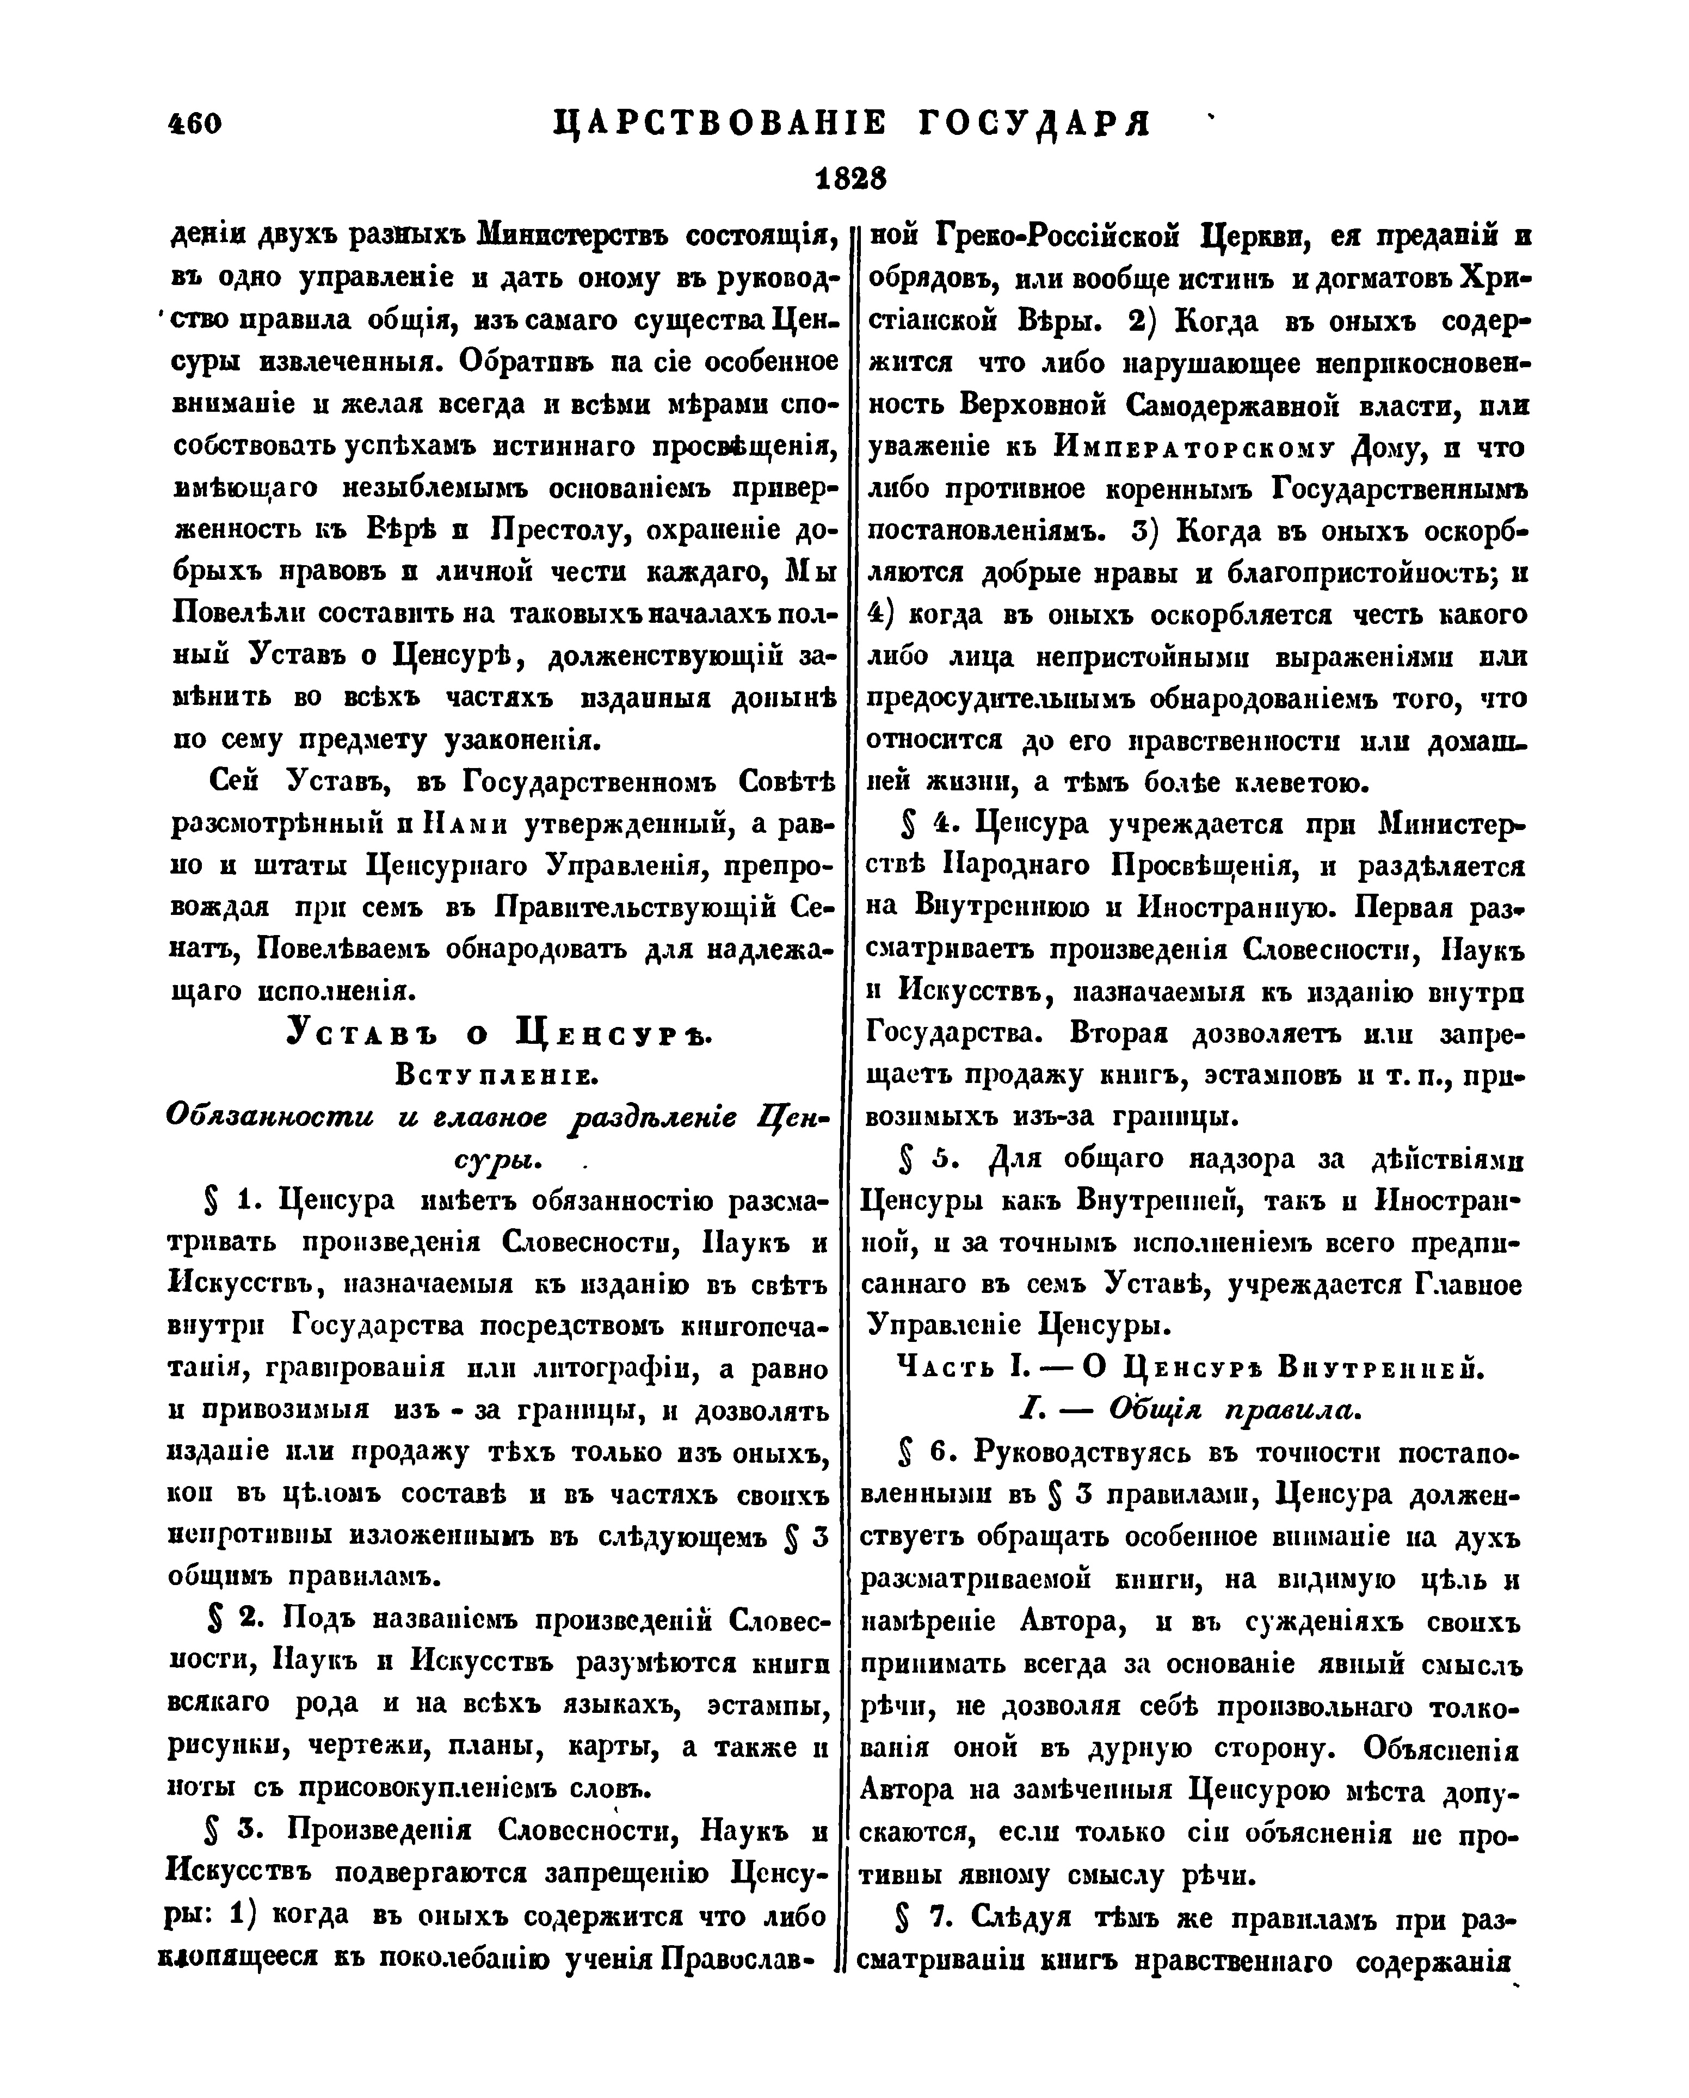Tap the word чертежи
point(348,1745)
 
